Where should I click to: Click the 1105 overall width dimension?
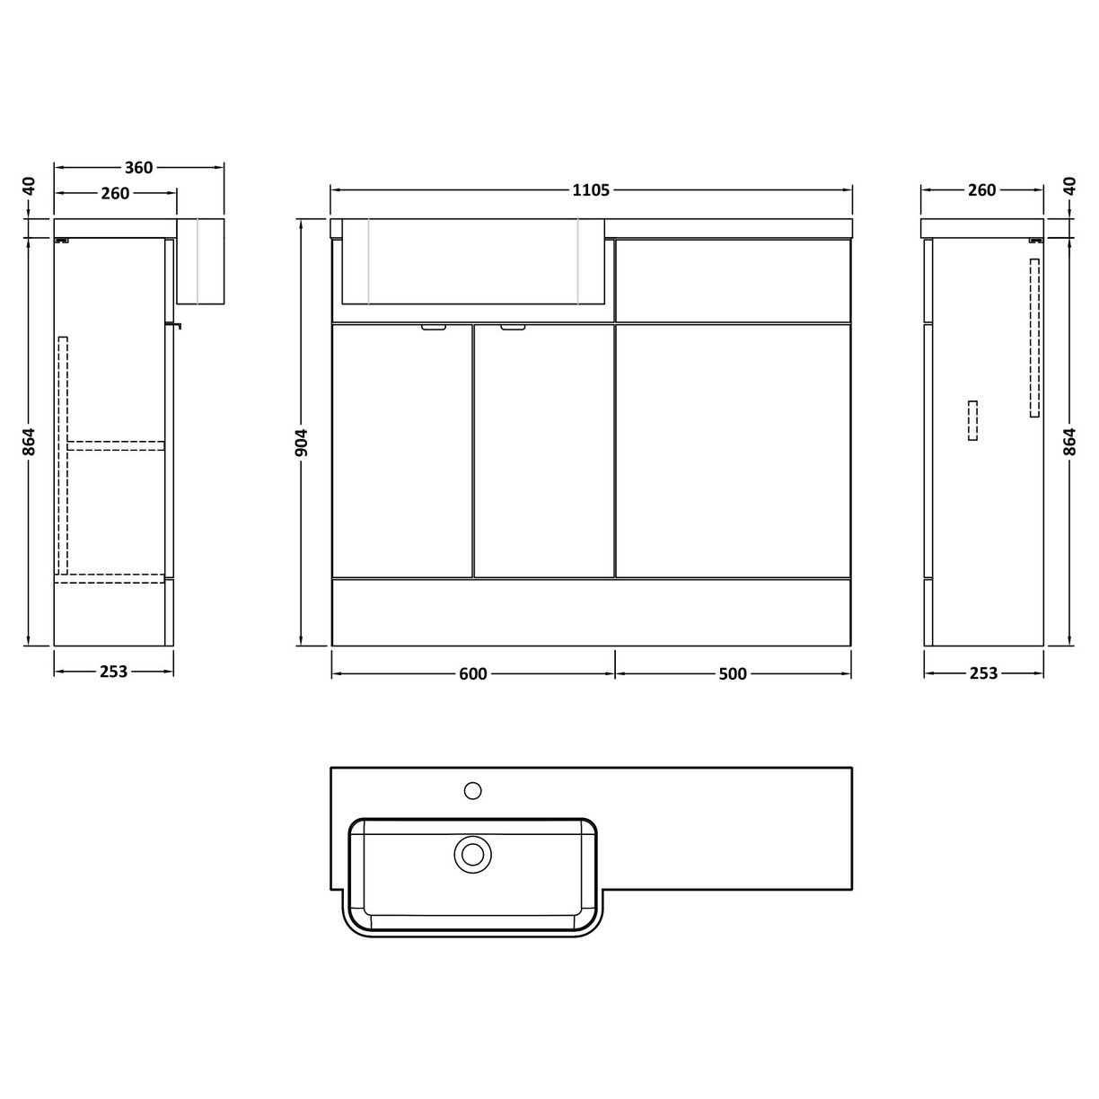click(590, 189)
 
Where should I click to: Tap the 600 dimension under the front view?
click(472, 674)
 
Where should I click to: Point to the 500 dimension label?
click(733, 674)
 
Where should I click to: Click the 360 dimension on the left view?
click(138, 167)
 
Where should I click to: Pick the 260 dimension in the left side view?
click(115, 193)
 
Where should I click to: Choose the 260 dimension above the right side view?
click(982, 190)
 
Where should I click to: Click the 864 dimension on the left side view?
click(30, 441)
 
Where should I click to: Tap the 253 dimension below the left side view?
click(113, 672)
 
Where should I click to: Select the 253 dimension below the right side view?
click(983, 673)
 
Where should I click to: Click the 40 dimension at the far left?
click(30, 186)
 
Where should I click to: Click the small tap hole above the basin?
click(471, 790)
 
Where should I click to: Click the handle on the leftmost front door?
click(433, 329)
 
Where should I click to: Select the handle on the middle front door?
click(514, 329)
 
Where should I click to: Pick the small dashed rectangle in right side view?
click(972, 420)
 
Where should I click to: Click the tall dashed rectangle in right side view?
click(1034, 338)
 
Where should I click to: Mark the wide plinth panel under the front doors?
click(591, 611)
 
